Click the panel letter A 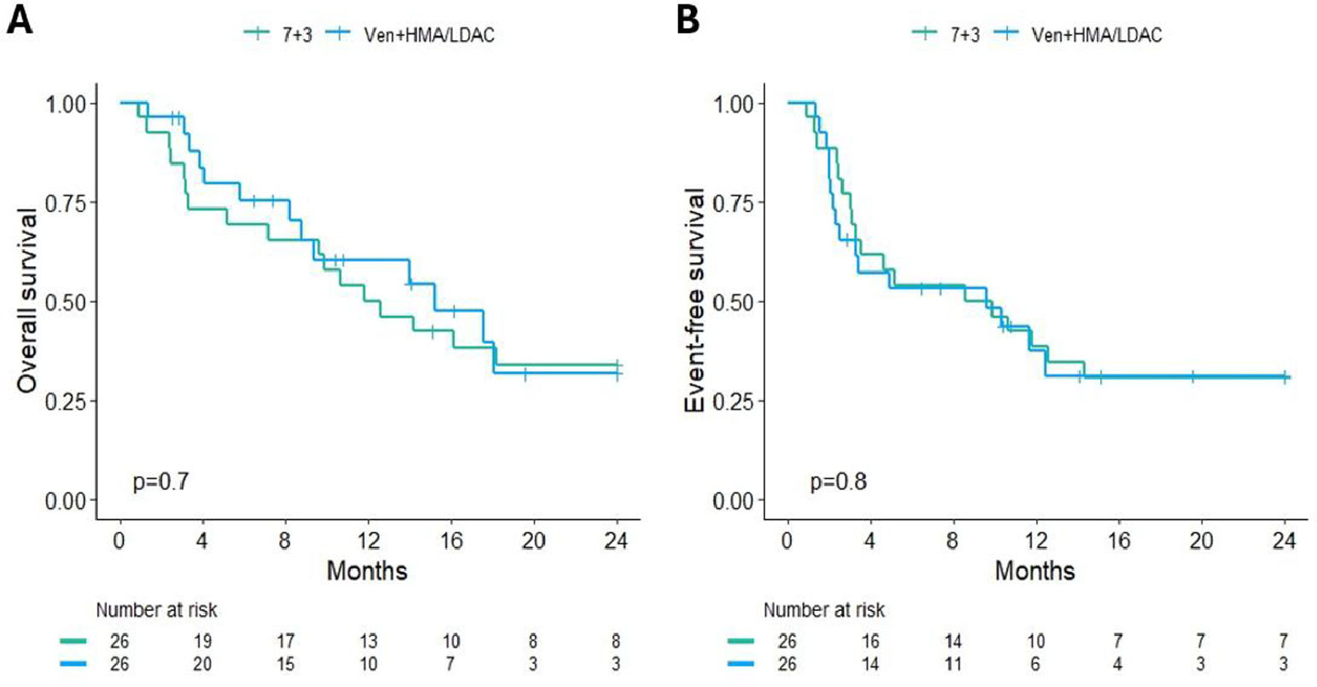[20, 20]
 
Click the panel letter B [688, 20]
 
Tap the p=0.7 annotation [161, 482]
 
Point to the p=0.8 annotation [838, 482]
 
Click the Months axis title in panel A [367, 570]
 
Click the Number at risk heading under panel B [823, 611]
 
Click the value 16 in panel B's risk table [869, 641]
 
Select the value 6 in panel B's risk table [1035, 663]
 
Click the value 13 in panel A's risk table [367, 641]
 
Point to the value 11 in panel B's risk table [952, 663]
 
